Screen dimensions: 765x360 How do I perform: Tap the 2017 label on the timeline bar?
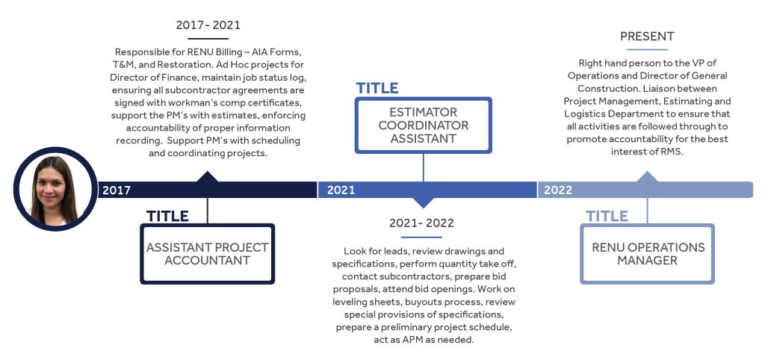pyautogui.click(x=117, y=190)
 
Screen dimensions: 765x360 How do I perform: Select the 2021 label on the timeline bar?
pyautogui.click(x=341, y=190)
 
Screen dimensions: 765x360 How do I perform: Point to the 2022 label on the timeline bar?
pyautogui.click(x=558, y=190)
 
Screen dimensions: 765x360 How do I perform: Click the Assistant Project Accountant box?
pyautogui.click(x=208, y=254)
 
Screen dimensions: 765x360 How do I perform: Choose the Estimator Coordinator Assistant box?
pyautogui.click(x=423, y=125)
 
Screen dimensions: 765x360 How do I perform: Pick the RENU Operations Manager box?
pyautogui.click(x=648, y=254)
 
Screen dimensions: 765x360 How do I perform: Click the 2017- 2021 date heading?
pyautogui.click(x=208, y=25)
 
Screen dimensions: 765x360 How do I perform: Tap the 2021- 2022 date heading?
pyautogui.click(x=421, y=223)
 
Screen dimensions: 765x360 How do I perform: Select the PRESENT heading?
pyautogui.click(x=648, y=37)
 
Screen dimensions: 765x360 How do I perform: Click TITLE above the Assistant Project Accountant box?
pyautogui.click(x=167, y=216)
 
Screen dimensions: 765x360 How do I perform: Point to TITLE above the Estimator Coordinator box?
pyautogui.click(x=377, y=88)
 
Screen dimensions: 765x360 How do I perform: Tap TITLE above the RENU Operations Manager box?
pyautogui.click(x=607, y=216)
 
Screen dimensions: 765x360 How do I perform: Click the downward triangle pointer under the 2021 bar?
pyautogui.click(x=423, y=202)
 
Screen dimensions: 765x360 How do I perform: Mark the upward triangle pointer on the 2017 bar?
pyautogui.click(x=208, y=176)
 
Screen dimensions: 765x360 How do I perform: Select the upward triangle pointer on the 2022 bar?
pyautogui.click(x=648, y=176)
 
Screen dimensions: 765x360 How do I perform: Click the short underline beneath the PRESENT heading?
pyautogui.click(x=648, y=49)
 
